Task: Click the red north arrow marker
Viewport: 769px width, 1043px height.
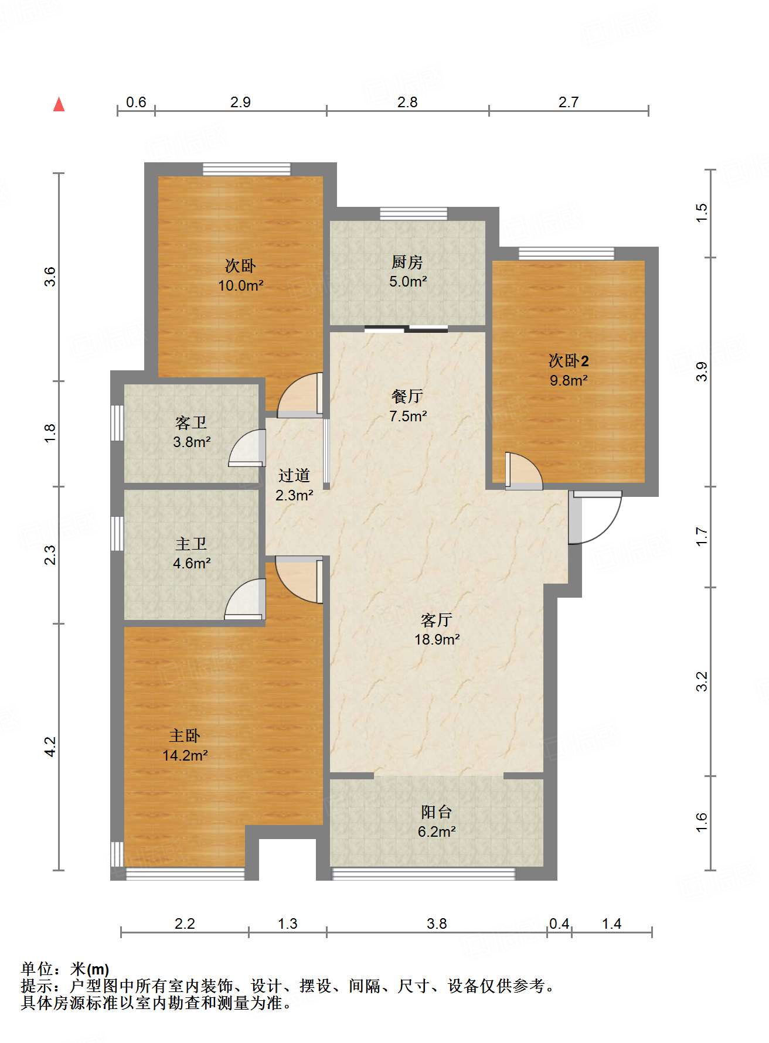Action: tap(59, 104)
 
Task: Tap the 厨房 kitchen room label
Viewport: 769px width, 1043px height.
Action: tap(407, 263)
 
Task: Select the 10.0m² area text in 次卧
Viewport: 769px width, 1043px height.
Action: tap(240, 286)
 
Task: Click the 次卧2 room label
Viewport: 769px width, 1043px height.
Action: tap(568, 360)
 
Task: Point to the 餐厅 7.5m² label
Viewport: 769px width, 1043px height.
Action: tap(407, 406)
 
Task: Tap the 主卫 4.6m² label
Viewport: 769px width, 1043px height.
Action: tap(191, 553)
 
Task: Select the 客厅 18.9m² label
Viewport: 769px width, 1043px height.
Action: tap(437, 629)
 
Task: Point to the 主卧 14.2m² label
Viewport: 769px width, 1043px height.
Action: tap(185, 745)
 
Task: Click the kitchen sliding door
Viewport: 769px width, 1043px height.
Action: tap(406, 329)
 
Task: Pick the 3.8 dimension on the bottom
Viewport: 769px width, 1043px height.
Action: tap(437, 924)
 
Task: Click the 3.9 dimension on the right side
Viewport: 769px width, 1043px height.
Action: tap(702, 371)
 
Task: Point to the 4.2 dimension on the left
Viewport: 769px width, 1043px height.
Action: tap(50, 747)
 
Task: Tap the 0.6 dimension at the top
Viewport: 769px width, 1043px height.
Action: tap(136, 103)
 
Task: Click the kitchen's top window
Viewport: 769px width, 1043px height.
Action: tap(413, 213)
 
